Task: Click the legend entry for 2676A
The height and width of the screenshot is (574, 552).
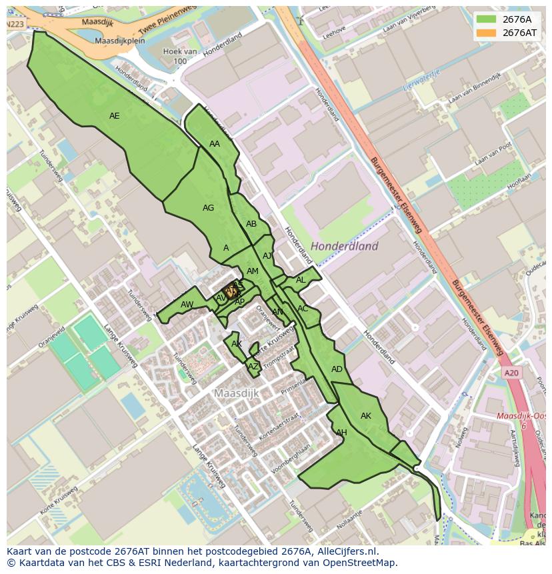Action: pos(517,19)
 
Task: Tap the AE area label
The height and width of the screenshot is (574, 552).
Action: pos(114,116)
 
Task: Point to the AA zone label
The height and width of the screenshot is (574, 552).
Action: pos(215,144)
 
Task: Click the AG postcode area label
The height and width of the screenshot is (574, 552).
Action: pos(208,208)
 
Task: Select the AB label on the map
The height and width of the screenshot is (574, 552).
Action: pos(251,224)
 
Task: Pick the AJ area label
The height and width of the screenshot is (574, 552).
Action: pos(267,256)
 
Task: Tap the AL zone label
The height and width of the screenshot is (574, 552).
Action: pos(301,280)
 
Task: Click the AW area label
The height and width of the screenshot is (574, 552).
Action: pos(187,305)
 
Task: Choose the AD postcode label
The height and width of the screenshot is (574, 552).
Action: pos(337,369)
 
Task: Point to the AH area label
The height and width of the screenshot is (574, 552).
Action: pos(341,433)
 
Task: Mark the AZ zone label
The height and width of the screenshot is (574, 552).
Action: pos(253,367)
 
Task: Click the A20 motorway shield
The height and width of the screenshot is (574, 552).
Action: pos(511,373)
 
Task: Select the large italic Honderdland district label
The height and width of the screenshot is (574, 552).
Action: pos(344,246)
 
